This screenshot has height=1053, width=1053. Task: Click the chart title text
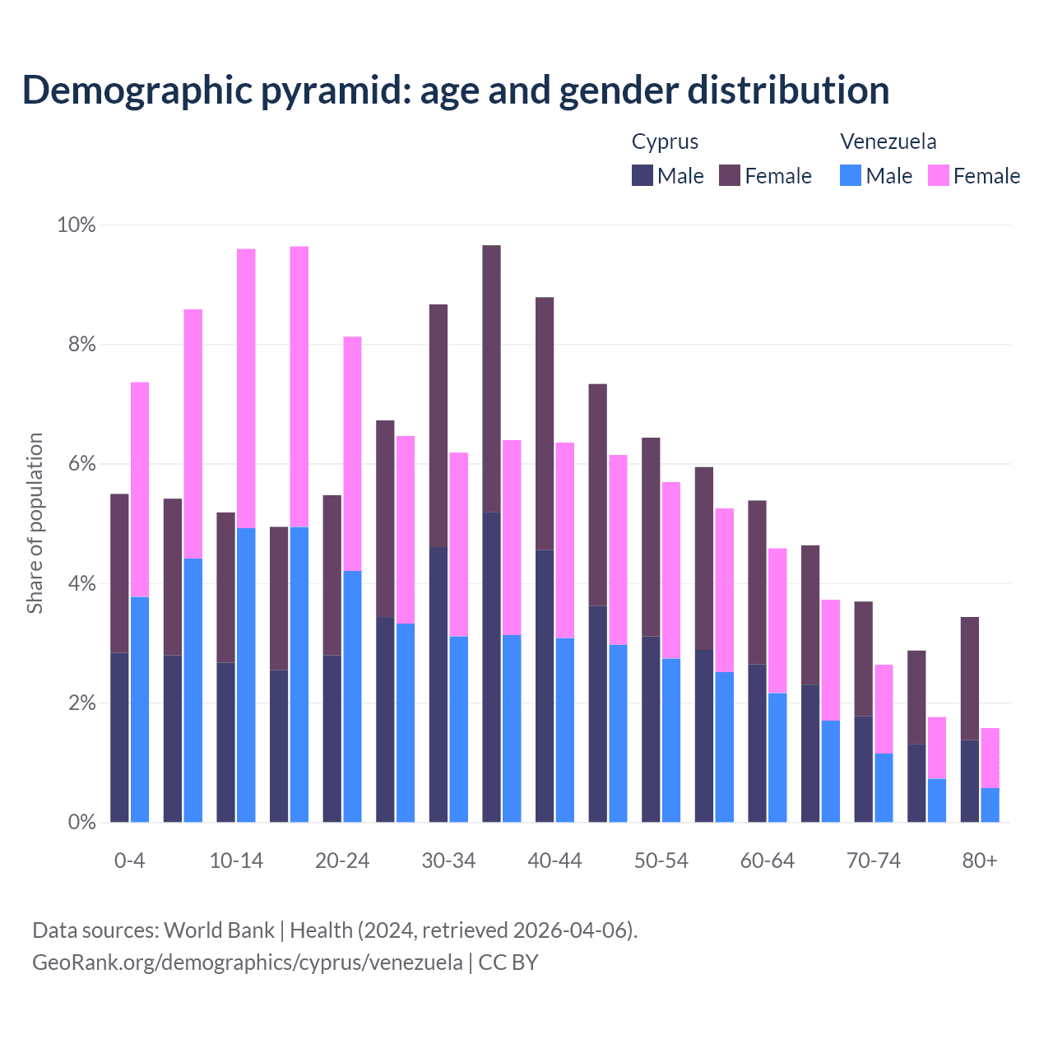coord(455,90)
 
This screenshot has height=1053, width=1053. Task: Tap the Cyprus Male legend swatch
coord(642,175)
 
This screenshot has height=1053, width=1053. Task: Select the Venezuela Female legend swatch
coord(938,175)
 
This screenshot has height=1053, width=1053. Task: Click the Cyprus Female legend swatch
coord(730,175)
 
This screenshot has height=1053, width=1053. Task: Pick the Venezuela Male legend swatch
coord(851,175)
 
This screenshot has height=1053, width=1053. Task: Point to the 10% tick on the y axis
coord(77,225)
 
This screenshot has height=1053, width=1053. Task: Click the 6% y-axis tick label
coord(81,464)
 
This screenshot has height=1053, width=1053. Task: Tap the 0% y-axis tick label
coord(81,822)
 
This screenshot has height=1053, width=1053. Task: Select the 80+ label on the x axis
coord(980,860)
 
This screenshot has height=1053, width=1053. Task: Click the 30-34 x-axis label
coord(448,860)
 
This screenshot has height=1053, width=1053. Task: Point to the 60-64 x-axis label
coord(768,860)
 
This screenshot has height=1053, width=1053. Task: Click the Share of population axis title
coord(35,523)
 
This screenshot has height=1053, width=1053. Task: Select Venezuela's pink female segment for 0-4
coord(140,489)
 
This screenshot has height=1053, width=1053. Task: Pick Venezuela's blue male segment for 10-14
coord(246,675)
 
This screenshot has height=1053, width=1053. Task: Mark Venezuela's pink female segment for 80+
coord(990,758)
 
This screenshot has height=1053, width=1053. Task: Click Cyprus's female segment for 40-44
coord(545,424)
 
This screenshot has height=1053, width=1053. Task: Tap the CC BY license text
coord(508,963)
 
